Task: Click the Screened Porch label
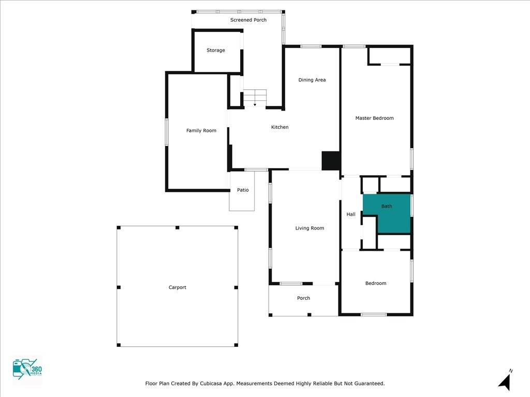pyautogui.click(x=248, y=20)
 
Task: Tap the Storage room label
pyautogui.click(x=216, y=51)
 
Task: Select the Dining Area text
pyautogui.click(x=312, y=80)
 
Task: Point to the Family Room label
pyautogui.click(x=201, y=131)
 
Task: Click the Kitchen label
pyautogui.click(x=280, y=127)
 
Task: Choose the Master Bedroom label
pyautogui.click(x=374, y=118)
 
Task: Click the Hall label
pyautogui.click(x=351, y=215)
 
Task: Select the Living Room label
pyautogui.click(x=310, y=228)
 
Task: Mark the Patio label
pyautogui.click(x=243, y=190)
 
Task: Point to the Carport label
pyautogui.click(x=178, y=287)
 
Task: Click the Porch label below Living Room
pyautogui.click(x=303, y=298)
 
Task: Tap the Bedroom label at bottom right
pyautogui.click(x=376, y=283)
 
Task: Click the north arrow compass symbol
pyautogui.click(x=505, y=381)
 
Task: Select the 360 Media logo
pyautogui.click(x=27, y=370)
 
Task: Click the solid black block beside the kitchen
pyautogui.click(x=331, y=160)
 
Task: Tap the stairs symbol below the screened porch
pyautogui.click(x=255, y=97)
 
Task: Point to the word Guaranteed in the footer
pyautogui.click(x=367, y=384)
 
